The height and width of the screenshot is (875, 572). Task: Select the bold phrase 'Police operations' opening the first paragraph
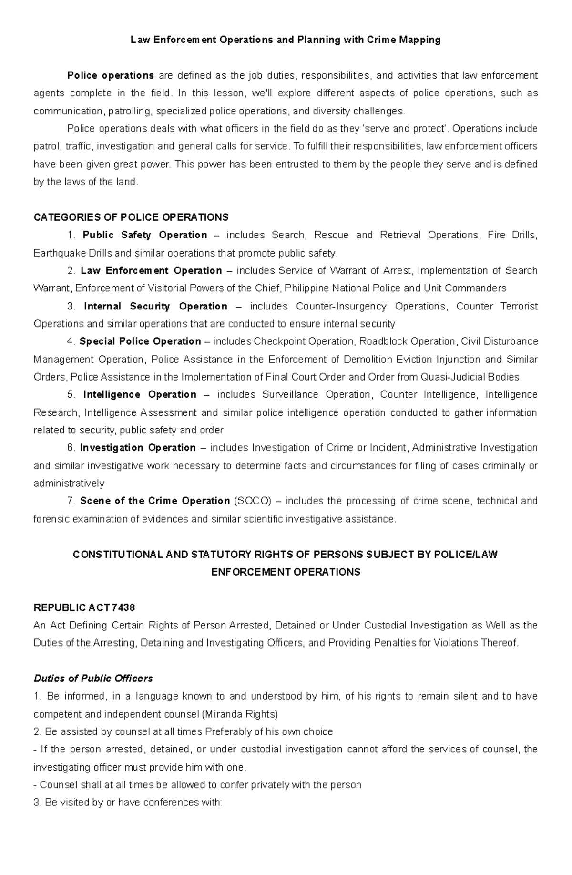click(x=110, y=75)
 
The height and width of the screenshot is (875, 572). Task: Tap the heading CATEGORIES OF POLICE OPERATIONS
click(x=131, y=217)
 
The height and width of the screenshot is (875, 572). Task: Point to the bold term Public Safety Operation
click(x=144, y=235)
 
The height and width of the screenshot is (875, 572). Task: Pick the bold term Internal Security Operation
click(x=155, y=306)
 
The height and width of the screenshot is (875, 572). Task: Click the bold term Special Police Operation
click(x=140, y=341)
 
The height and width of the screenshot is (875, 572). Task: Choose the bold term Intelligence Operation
click(x=140, y=395)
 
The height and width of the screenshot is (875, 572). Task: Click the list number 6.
click(x=71, y=448)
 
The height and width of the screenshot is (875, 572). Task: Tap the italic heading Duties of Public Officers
click(x=93, y=679)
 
